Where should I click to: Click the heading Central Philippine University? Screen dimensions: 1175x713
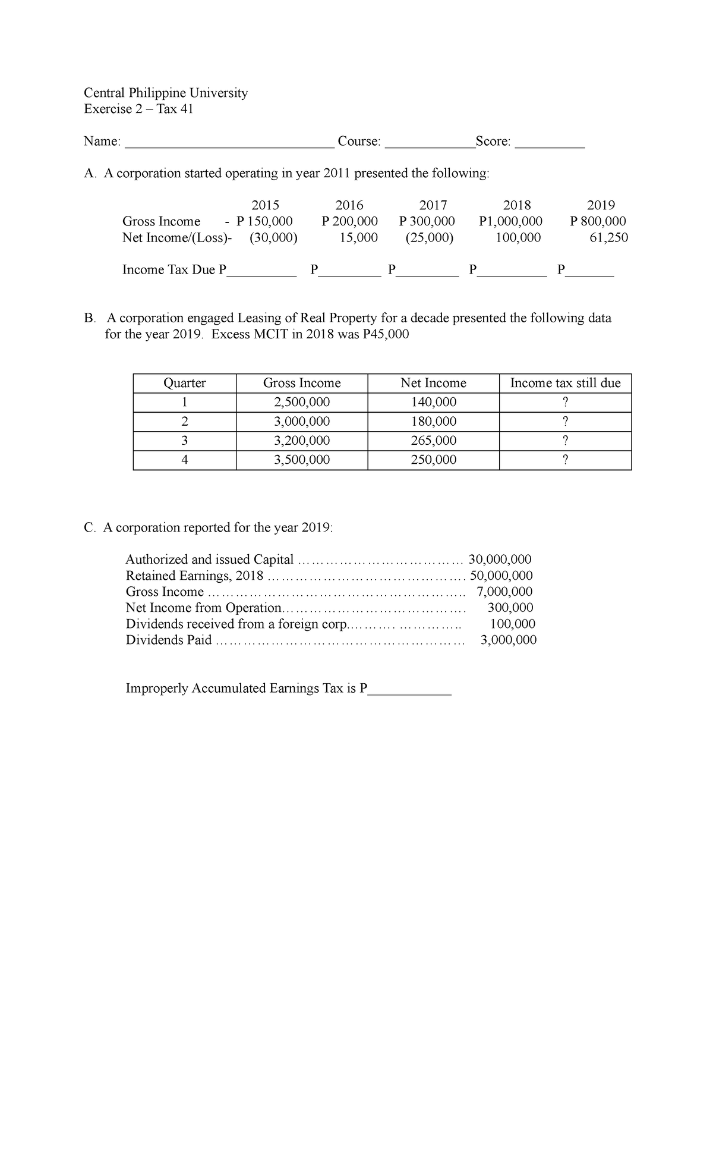(x=166, y=93)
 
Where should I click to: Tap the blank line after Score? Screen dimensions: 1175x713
(x=550, y=143)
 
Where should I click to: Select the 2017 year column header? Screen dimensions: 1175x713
(x=433, y=205)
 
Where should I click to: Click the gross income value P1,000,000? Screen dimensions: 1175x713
(x=510, y=221)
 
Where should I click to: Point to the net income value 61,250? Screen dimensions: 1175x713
(x=608, y=238)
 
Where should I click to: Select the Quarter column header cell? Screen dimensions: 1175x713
(x=184, y=383)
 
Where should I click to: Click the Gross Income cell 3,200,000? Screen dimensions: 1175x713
(x=302, y=441)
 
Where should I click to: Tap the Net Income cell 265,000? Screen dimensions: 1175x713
(x=434, y=441)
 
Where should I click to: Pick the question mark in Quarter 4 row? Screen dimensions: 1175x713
(x=565, y=460)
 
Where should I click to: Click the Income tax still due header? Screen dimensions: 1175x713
(x=565, y=383)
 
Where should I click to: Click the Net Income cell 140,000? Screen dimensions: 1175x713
(x=434, y=402)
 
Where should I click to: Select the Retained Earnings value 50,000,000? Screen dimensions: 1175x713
(x=501, y=576)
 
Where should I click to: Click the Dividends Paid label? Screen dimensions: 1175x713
(x=169, y=640)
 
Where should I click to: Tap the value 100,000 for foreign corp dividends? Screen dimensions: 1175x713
(x=512, y=624)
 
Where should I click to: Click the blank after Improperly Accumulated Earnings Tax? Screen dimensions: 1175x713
(x=410, y=690)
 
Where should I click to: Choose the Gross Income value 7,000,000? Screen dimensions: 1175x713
(x=504, y=592)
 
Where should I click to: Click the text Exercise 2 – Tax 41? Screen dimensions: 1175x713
(x=138, y=109)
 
